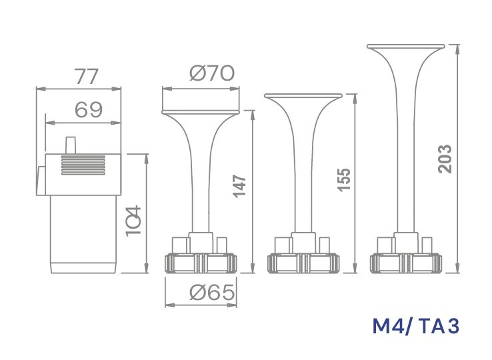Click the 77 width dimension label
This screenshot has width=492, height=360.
point(86,77)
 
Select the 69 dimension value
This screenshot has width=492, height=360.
point(89,109)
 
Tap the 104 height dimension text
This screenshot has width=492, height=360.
point(134,221)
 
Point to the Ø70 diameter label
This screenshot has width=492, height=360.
point(212,73)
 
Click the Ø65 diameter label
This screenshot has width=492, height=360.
point(212,293)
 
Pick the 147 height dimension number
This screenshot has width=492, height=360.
point(240,187)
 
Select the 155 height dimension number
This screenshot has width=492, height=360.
point(343,179)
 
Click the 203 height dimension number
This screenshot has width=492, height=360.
point(445,159)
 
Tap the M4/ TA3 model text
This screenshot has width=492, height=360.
point(416,326)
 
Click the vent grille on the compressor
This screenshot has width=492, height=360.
point(83,165)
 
